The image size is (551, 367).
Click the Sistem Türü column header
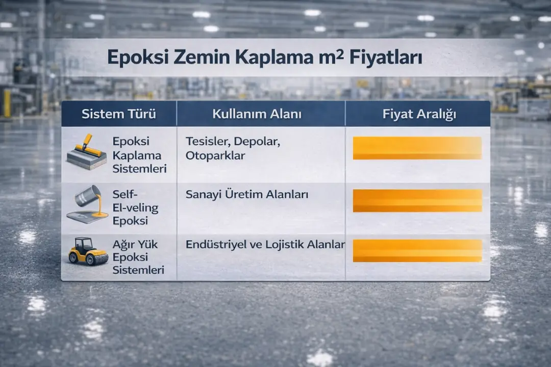pyautogui.click(x=119, y=114)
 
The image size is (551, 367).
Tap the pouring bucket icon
pyautogui.click(x=88, y=204)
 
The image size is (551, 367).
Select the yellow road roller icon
pyautogui.click(x=88, y=251)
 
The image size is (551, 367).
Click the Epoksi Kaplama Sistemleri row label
pyautogui.click(x=137, y=155)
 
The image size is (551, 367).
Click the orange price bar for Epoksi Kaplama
pyautogui.click(x=417, y=148)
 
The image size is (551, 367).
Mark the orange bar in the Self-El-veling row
pyautogui.click(x=417, y=200)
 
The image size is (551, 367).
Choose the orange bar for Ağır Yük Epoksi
pyautogui.click(x=417, y=251)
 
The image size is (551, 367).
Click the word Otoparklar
pyautogui.click(x=215, y=155)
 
